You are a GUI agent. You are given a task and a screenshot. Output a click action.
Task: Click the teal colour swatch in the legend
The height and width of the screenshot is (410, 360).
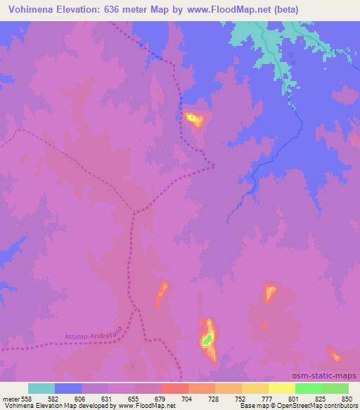[x=41, y=388]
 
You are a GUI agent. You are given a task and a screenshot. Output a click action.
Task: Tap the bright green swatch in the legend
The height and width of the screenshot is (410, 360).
[x=308, y=388]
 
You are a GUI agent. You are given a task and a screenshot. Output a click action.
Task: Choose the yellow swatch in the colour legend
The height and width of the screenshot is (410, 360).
[x=281, y=388]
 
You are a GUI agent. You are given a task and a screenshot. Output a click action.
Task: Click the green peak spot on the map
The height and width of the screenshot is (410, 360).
[x=207, y=340]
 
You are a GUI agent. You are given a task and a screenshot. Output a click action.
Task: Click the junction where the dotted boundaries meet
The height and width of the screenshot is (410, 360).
[x=134, y=211]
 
